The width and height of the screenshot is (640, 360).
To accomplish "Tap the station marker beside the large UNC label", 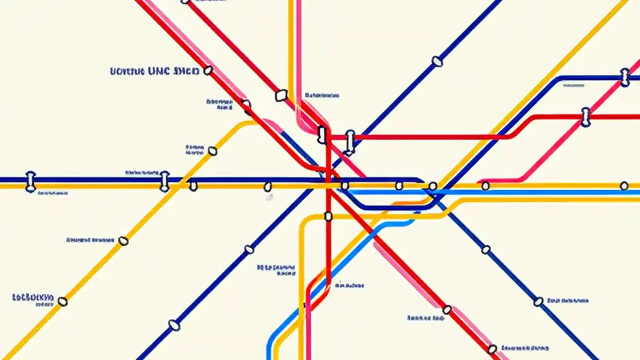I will pyautogui.click(x=208, y=70).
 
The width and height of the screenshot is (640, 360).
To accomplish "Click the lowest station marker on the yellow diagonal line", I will pyautogui.click(x=62, y=301).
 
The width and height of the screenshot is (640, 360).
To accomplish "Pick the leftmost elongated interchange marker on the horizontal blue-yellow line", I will pyautogui.click(x=30, y=182).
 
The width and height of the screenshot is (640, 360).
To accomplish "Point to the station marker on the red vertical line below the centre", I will pyautogui.click(x=328, y=216).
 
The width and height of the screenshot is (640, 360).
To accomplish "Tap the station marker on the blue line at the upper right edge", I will pyautogui.click(x=624, y=77).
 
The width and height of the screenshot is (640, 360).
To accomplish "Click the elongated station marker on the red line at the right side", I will pyautogui.click(x=585, y=117).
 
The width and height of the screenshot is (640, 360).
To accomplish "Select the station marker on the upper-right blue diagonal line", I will pyautogui.click(x=437, y=61).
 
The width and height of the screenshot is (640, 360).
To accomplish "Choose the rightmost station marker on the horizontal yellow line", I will pyautogui.click(x=624, y=186).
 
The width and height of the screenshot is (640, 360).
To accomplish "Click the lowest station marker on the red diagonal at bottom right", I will pyautogui.click(x=492, y=348).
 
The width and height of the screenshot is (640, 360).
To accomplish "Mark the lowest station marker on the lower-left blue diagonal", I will pyautogui.click(x=174, y=325).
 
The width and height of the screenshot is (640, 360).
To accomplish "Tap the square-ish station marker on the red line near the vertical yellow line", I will pyautogui.click(x=281, y=95).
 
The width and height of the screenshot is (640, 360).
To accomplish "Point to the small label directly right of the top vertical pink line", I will pyautogui.click(x=322, y=95).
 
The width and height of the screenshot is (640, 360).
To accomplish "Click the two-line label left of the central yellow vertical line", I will pyautogui.click(x=276, y=270).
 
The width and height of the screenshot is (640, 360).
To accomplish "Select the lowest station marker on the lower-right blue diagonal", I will pyautogui.click(x=538, y=301).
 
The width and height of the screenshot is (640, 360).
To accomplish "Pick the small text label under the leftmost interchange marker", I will pyautogui.click(x=53, y=192).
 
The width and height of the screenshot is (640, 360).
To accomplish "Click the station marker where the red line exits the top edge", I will pyautogui.click(x=185, y=1).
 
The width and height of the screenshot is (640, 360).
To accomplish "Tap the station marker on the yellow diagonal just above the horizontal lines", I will pyautogui.click(x=212, y=151).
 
